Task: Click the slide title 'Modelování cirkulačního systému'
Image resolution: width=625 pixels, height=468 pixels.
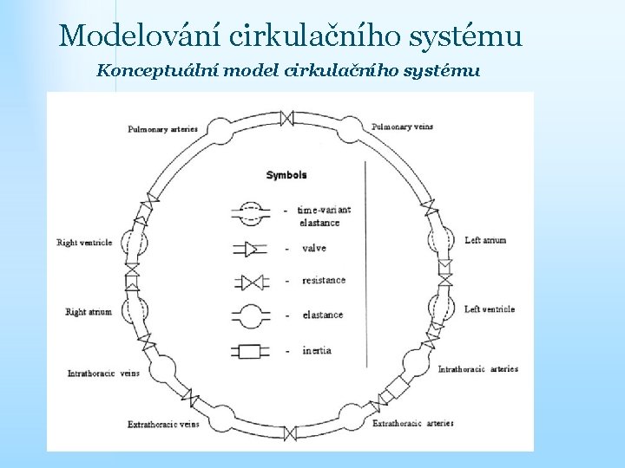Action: (x=291, y=36)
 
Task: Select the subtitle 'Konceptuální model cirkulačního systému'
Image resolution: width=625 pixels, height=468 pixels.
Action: (x=288, y=70)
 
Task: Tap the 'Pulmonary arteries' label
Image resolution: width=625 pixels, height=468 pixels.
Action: (x=163, y=129)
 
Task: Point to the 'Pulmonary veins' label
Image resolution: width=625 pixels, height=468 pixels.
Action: (x=402, y=127)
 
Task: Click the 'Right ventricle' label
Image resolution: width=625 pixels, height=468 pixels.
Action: (x=84, y=243)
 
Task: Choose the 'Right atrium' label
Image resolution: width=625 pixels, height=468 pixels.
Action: (x=89, y=312)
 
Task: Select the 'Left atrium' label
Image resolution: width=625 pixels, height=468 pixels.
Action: (x=485, y=240)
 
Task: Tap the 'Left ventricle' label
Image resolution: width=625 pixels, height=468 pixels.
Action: (x=489, y=309)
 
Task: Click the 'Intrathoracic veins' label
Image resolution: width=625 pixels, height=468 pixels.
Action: (x=103, y=374)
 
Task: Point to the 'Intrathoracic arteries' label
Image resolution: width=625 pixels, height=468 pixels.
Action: (x=477, y=369)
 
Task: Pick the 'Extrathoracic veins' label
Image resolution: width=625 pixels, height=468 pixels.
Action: (x=162, y=425)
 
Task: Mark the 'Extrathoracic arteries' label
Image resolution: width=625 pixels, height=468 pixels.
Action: (x=412, y=424)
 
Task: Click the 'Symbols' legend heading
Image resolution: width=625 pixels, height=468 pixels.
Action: (x=286, y=175)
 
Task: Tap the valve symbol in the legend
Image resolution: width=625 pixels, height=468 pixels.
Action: (x=250, y=250)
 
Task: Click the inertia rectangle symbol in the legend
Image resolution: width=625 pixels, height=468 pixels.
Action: (x=250, y=352)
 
